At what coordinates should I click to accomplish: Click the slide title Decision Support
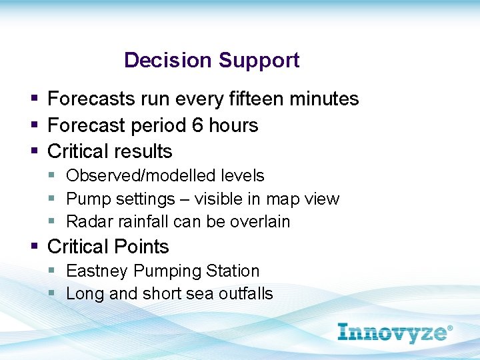coord(211,60)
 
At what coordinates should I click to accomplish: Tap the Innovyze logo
coord(395,332)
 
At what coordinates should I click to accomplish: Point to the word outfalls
coord(246,294)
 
